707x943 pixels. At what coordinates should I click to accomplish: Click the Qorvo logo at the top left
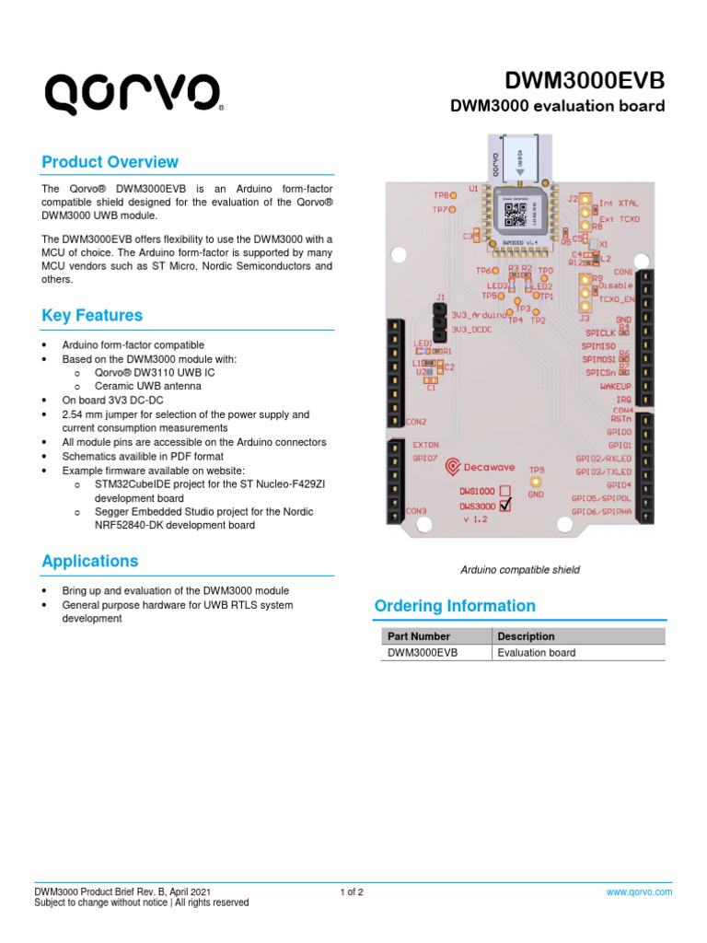(x=133, y=94)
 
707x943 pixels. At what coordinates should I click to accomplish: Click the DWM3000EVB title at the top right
(x=597, y=80)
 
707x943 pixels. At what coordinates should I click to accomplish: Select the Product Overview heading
(x=110, y=162)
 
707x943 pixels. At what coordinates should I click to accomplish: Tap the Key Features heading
(x=92, y=315)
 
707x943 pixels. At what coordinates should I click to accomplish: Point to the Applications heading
(x=90, y=561)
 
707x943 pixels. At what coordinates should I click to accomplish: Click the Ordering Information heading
(x=455, y=606)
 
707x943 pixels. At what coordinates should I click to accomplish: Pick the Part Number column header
(x=419, y=636)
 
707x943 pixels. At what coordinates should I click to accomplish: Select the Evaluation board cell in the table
(x=537, y=653)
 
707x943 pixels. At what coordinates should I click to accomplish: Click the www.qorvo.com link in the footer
(x=639, y=891)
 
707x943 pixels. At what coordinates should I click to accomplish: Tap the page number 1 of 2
(x=353, y=891)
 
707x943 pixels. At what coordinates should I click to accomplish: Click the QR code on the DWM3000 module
(x=513, y=214)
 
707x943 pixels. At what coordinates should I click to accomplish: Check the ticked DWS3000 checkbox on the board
(x=505, y=506)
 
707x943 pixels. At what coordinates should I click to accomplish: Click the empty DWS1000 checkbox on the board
(x=504, y=491)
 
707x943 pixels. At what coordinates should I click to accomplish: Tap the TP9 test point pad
(x=537, y=482)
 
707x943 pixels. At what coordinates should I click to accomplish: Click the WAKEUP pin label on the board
(x=615, y=387)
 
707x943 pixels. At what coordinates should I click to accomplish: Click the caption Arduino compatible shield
(x=520, y=570)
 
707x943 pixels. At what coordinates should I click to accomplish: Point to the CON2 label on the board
(x=416, y=421)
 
